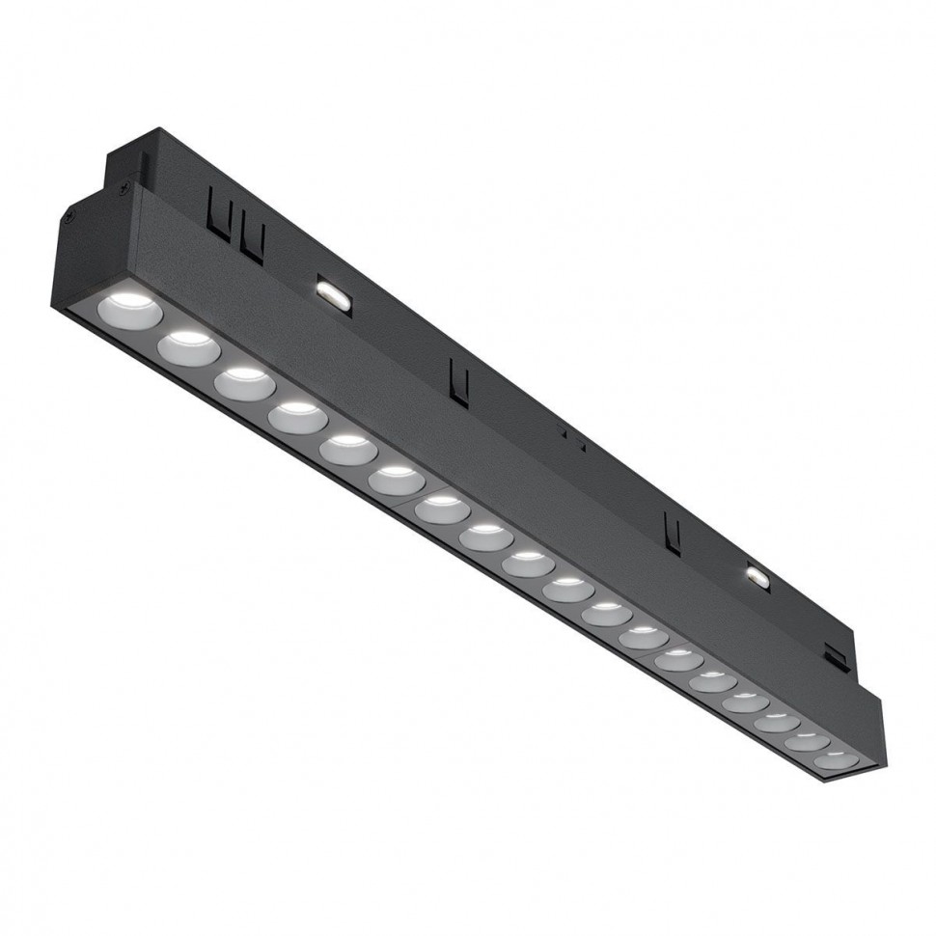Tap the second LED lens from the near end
(x=189, y=345)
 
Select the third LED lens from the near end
(x=244, y=380)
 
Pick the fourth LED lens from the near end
(x=297, y=416)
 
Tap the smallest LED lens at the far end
(x=837, y=758)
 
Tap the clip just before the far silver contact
(x=673, y=529)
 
